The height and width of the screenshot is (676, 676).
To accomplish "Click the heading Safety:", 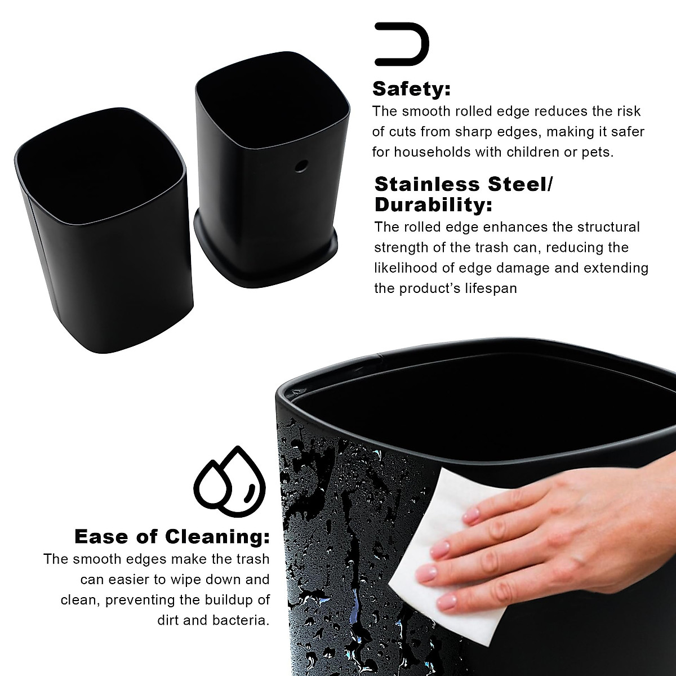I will click(412, 88).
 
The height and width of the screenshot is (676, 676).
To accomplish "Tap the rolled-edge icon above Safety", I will click(402, 42).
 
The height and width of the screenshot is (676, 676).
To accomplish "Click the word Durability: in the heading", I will click(433, 205).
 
